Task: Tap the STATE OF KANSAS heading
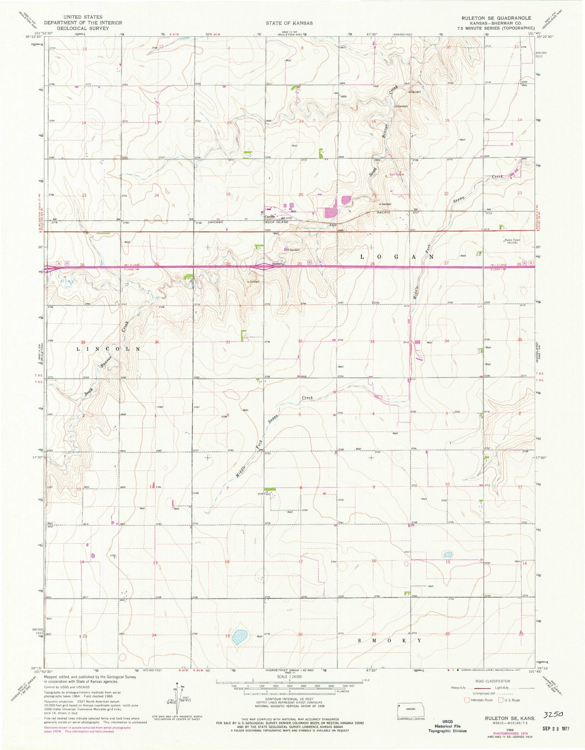[289, 23]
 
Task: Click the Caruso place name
[270, 216]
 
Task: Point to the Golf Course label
[397, 174]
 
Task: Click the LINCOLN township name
[108, 348]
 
